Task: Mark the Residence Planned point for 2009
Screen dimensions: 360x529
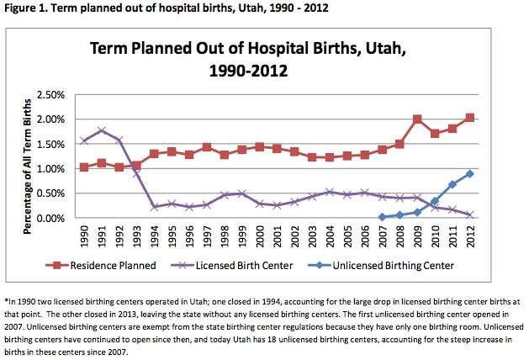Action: tap(417, 119)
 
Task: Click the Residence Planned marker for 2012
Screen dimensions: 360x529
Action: tap(470, 118)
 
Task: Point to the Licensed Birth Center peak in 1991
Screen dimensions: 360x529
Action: tap(101, 130)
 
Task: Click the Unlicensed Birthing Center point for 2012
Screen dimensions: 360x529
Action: tap(470, 174)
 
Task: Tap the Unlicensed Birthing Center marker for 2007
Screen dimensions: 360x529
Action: tap(382, 217)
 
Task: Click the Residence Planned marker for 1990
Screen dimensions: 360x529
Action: tap(83, 167)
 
